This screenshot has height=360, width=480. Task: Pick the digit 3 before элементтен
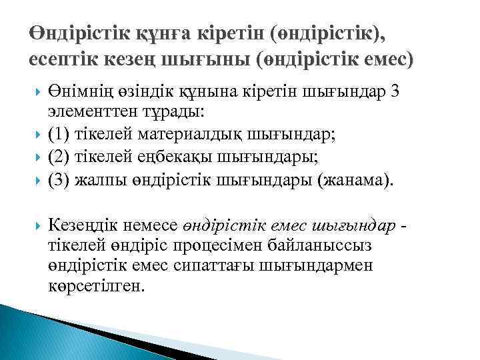click(396, 93)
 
